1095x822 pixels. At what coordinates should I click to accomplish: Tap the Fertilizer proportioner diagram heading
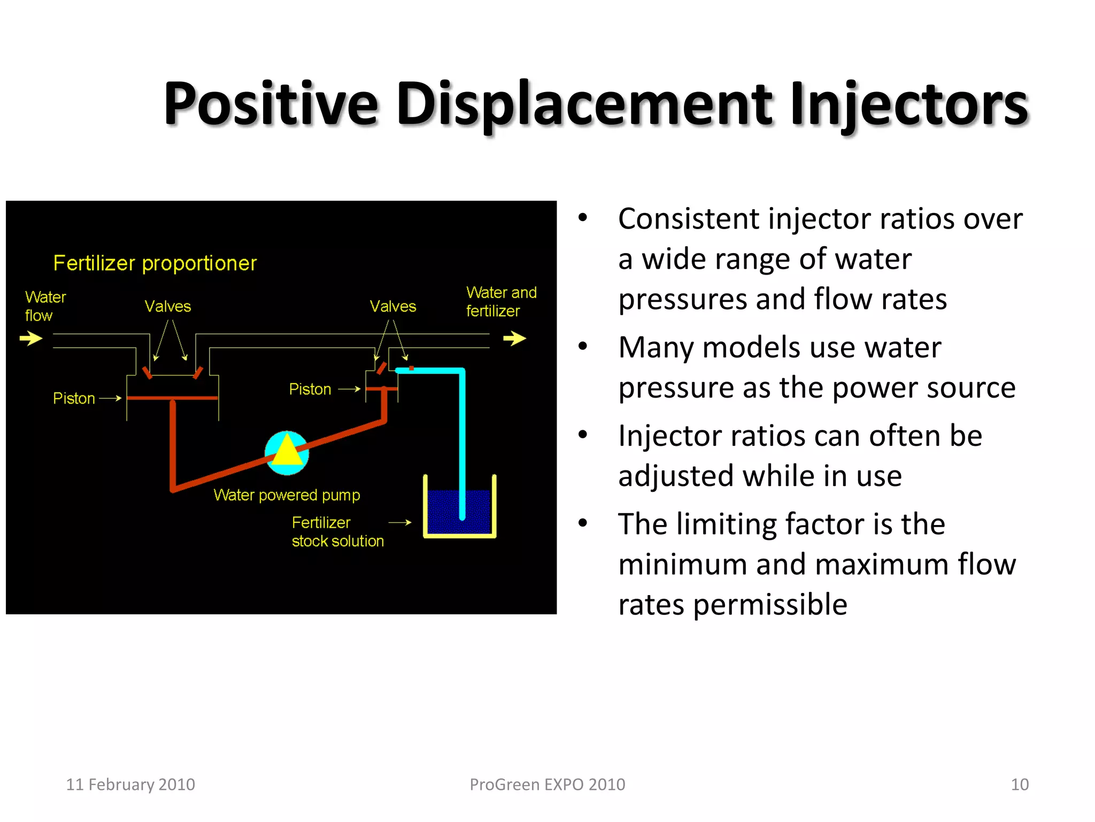click(x=155, y=263)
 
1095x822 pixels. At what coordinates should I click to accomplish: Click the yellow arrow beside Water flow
click(x=31, y=338)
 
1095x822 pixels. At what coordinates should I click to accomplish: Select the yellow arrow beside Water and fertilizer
click(x=514, y=338)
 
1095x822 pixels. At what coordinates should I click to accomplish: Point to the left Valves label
click(x=167, y=306)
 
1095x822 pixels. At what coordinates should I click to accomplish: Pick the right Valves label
click(x=392, y=306)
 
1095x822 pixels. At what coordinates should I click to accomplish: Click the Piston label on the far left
click(x=74, y=398)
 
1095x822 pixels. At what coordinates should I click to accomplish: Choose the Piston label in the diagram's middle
click(x=310, y=389)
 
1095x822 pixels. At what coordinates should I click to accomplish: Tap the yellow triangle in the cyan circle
click(x=287, y=451)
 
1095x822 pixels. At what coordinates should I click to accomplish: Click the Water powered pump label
click(x=287, y=495)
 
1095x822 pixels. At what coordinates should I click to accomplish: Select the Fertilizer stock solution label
click(x=337, y=531)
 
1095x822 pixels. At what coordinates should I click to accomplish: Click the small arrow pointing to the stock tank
click(x=400, y=522)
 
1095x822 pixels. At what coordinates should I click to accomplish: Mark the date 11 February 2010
click(x=130, y=785)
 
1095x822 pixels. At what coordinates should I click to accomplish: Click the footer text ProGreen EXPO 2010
click(x=547, y=785)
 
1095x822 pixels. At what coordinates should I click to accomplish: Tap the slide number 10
click(x=1020, y=785)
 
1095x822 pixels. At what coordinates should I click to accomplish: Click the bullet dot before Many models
click(x=583, y=346)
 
